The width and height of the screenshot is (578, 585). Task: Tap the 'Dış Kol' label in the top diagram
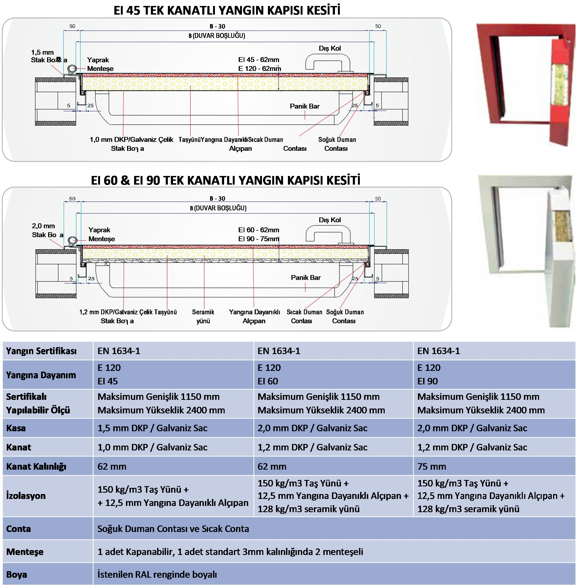pos(329,48)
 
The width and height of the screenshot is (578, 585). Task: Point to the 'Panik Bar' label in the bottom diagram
pos(305,278)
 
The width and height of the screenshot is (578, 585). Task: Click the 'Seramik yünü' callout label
pos(203,316)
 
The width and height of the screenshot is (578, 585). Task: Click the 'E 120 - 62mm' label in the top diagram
pos(259,69)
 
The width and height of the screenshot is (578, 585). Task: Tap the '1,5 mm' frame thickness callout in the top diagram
pos(42,53)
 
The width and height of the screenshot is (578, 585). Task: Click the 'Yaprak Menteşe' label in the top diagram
pos(100,64)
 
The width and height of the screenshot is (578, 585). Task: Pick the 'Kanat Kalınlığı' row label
pos(36,467)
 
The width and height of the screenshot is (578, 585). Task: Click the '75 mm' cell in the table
pos(432,467)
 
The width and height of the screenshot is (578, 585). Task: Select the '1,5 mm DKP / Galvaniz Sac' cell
pos(152,428)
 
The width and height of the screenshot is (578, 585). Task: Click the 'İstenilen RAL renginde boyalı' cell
pos(157,574)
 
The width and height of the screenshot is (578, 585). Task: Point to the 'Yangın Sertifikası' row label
pos(41,351)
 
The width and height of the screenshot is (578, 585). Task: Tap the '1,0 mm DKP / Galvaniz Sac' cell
pos(152,447)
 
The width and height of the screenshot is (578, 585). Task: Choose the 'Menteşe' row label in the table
pos(25,552)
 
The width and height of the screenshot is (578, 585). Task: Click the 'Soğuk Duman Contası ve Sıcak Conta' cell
pos(173,529)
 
